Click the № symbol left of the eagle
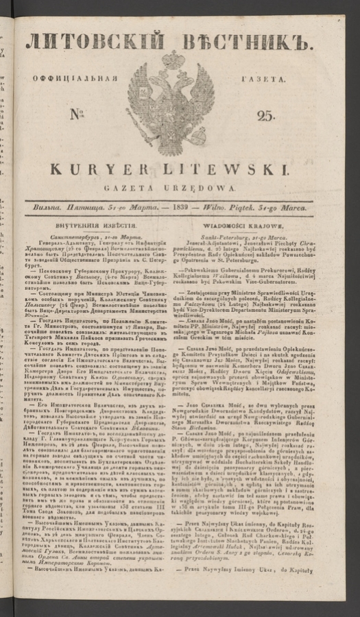coord(80,114)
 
